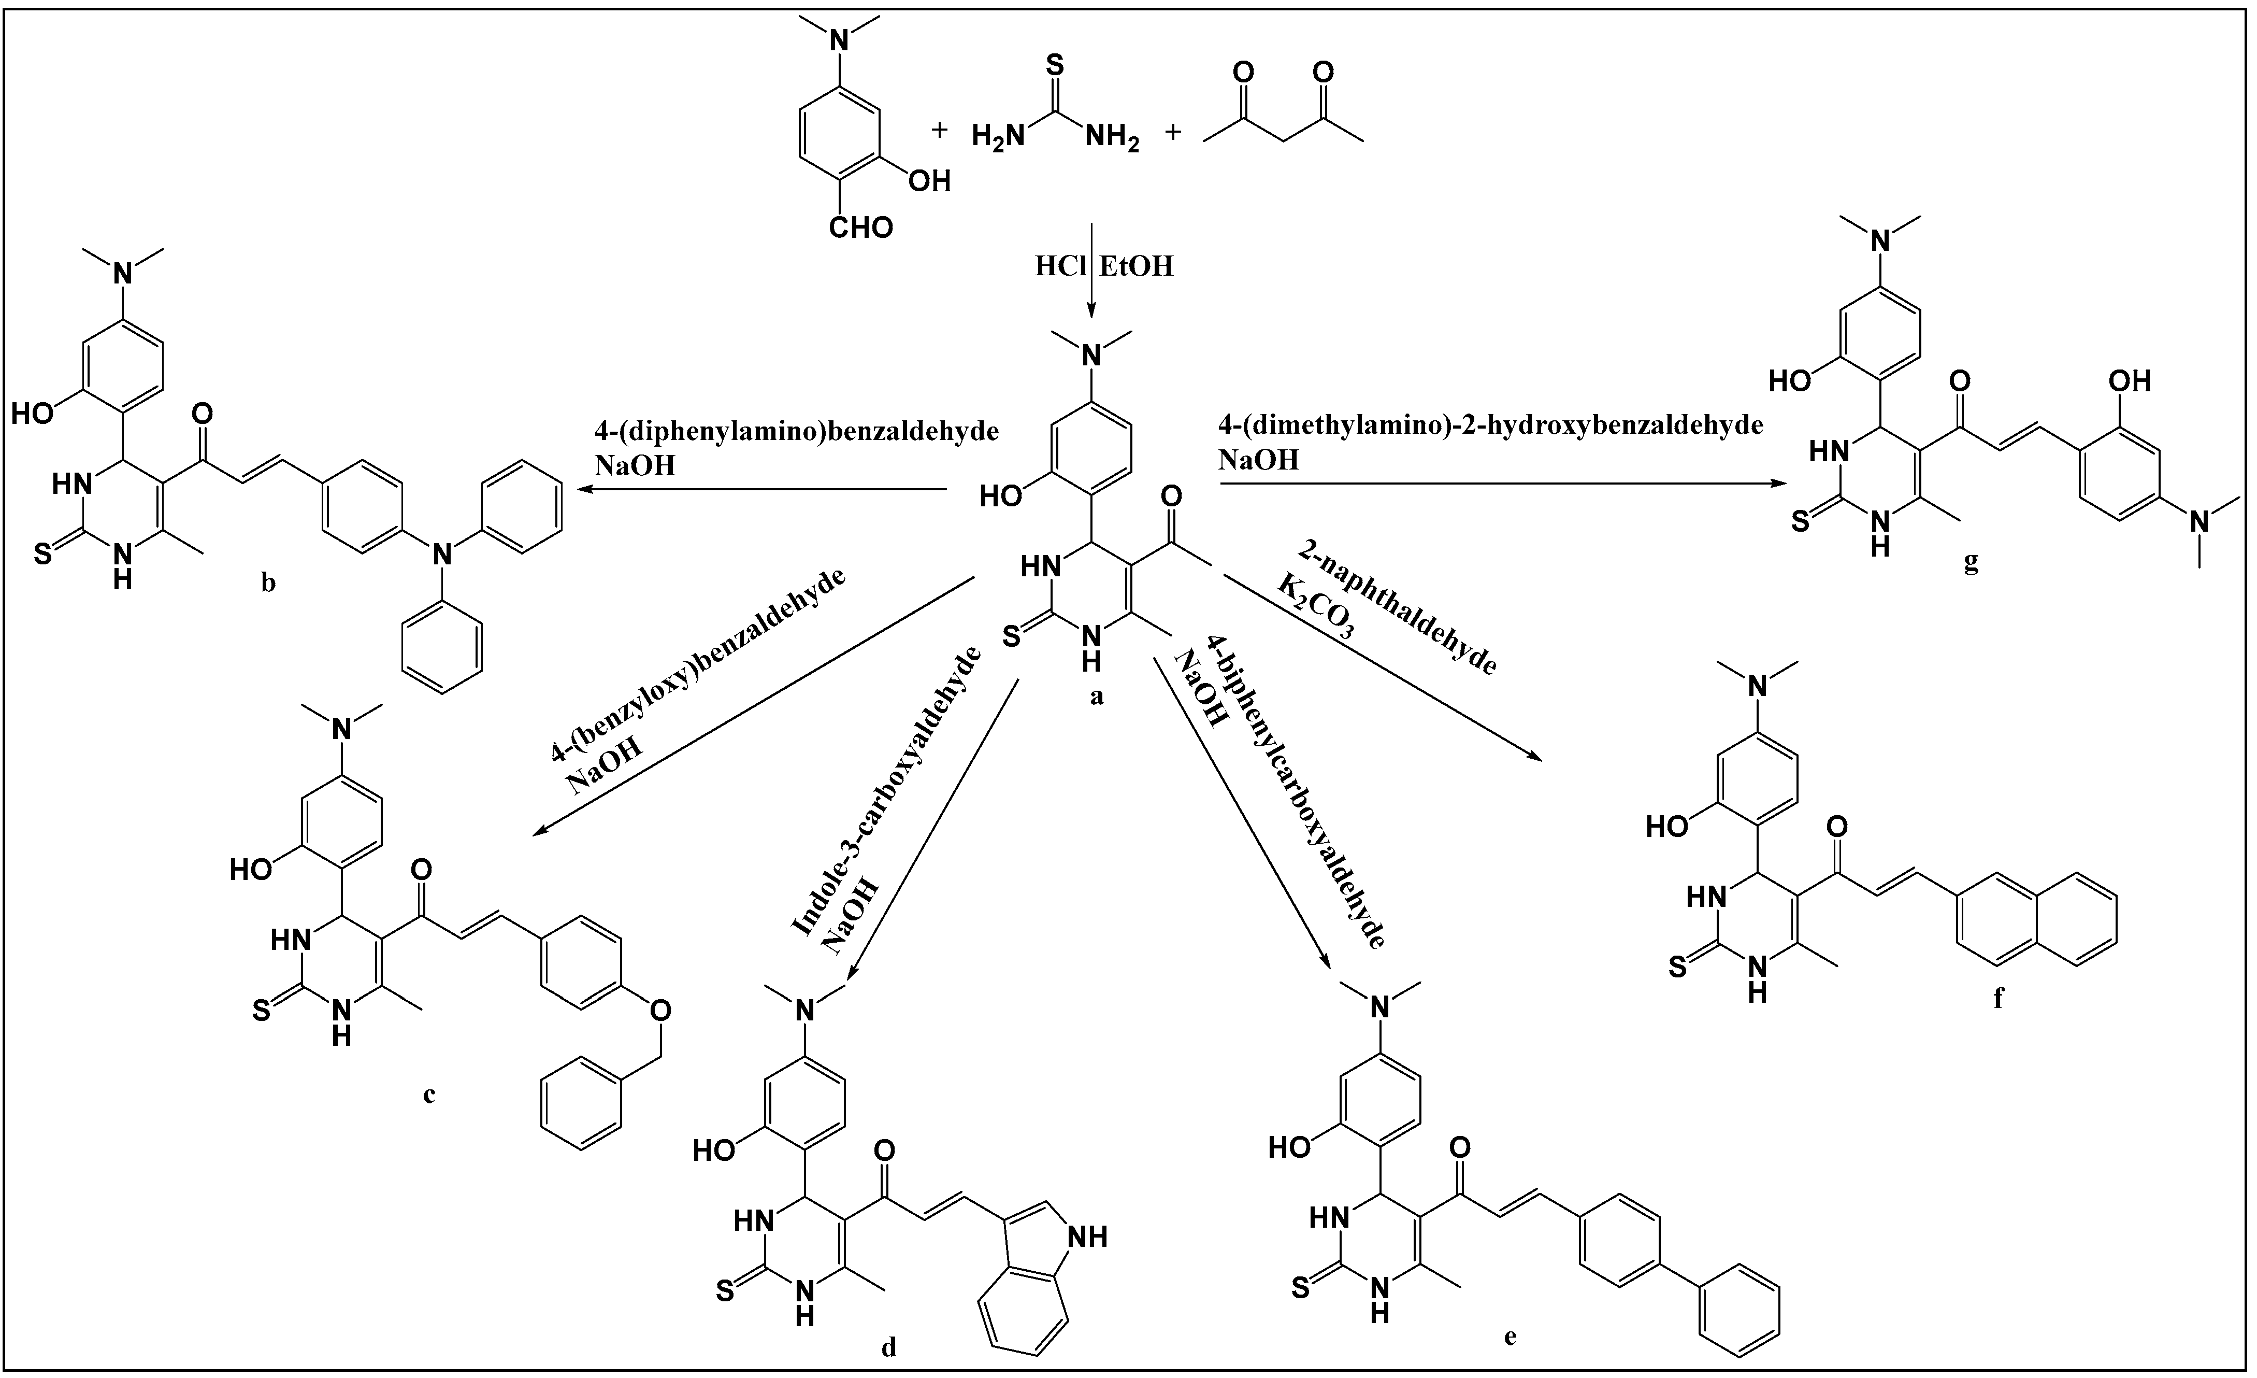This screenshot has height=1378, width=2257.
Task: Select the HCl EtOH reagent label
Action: pyautogui.click(x=1103, y=266)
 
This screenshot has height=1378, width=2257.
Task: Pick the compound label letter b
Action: pyautogui.click(x=268, y=583)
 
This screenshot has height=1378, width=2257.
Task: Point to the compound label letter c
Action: pyautogui.click(x=429, y=1094)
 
